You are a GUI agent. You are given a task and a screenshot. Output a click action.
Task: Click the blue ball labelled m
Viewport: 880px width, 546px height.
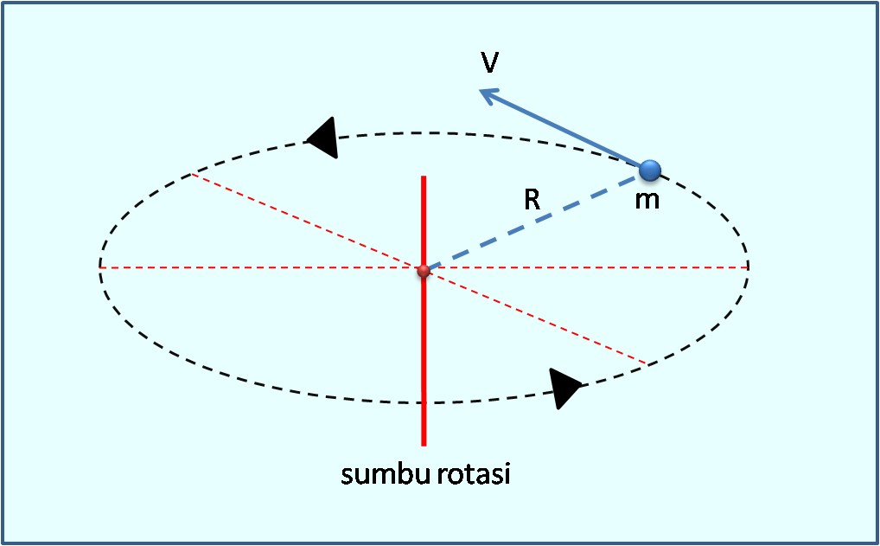click(649, 170)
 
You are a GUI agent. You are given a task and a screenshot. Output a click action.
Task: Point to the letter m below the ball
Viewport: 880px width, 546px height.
click(647, 201)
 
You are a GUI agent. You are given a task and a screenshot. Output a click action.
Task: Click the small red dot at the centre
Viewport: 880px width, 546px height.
click(423, 271)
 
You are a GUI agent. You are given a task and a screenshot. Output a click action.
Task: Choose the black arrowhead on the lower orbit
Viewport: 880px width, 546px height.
click(565, 387)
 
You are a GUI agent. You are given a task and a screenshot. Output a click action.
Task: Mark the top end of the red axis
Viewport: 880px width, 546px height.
click(424, 177)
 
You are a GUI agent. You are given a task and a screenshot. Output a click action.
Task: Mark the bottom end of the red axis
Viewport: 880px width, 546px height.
click(424, 444)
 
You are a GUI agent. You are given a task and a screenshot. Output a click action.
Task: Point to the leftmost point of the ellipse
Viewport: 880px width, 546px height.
click(99, 267)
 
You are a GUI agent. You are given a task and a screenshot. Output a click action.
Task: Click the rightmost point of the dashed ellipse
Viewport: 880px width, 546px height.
click(748, 267)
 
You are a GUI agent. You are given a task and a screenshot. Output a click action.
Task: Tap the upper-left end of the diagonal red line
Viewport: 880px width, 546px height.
click(192, 175)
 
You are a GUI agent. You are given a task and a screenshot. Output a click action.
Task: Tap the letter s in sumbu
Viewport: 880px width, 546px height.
click(347, 476)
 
